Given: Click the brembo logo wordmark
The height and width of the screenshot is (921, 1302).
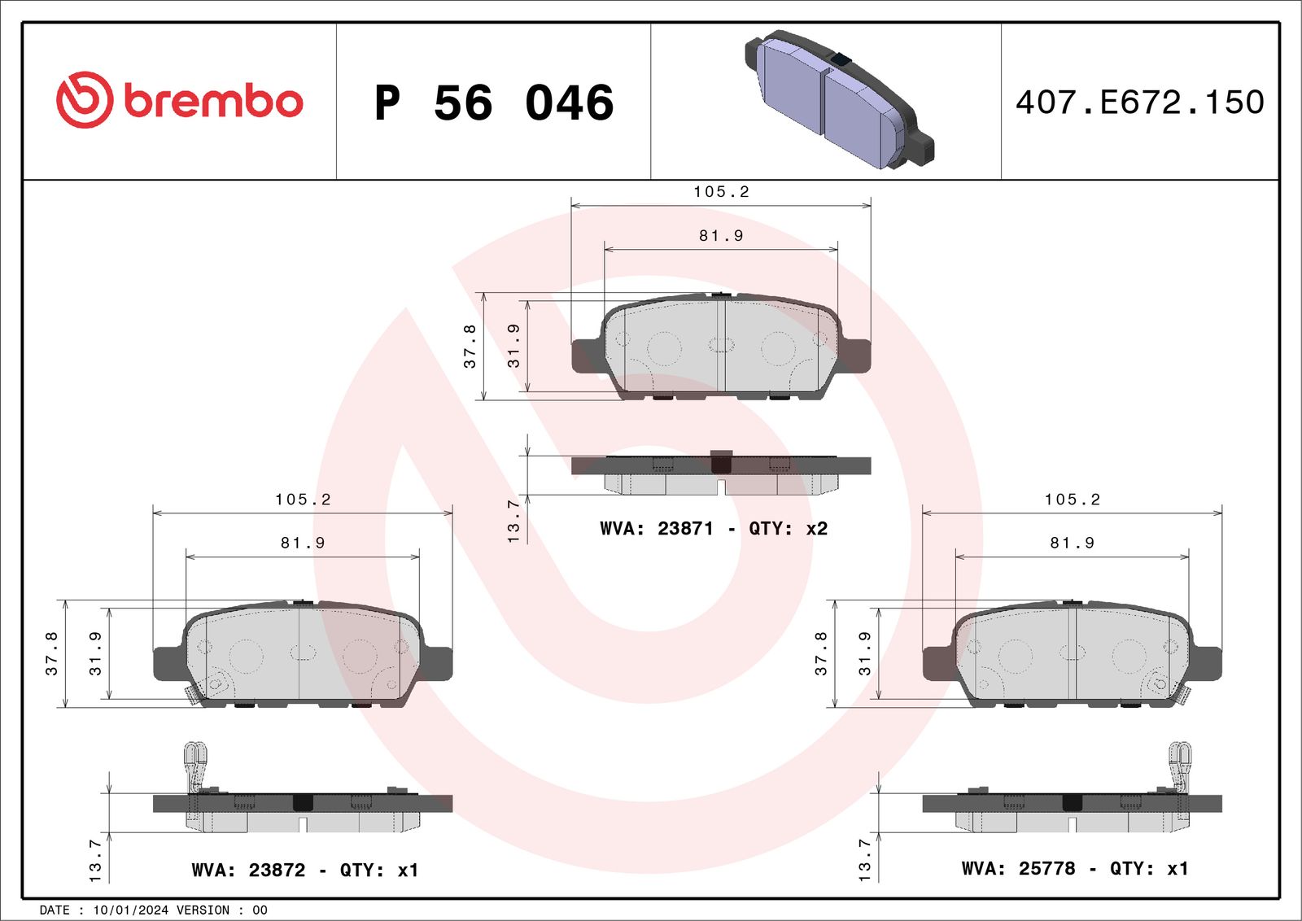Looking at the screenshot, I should click(213, 102).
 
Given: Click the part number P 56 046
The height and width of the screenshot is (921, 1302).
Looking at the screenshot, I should click(494, 103).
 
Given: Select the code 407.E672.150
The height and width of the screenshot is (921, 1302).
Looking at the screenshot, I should click(1139, 103).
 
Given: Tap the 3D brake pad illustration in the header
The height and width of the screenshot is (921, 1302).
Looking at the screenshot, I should click(838, 100).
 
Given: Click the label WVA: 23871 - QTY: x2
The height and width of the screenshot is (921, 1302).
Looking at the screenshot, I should click(713, 529).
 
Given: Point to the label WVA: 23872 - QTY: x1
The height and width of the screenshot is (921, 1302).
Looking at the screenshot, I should click(304, 871).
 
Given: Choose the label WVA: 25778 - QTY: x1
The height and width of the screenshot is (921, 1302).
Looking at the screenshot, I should click(1074, 869).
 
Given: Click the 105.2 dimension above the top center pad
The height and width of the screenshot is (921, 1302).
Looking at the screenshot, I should click(721, 192).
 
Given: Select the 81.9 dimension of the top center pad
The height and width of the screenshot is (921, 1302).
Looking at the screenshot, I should click(721, 236).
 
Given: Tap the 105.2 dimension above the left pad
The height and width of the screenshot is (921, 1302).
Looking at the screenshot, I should click(303, 500).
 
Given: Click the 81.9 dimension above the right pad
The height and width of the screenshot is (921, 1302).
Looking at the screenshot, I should click(1072, 543).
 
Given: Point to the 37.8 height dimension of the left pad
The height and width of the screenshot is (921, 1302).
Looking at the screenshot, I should click(52, 653).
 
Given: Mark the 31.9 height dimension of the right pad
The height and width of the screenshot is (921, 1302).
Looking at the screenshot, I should click(864, 653).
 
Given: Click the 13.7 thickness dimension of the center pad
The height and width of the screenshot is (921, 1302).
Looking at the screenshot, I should click(513, 521).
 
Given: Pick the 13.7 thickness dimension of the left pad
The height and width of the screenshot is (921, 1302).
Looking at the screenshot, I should click(95, 860).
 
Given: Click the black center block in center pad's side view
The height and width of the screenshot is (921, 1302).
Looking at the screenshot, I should click(721, 462).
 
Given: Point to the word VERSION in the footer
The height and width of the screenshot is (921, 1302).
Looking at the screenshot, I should click(203, 910).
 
